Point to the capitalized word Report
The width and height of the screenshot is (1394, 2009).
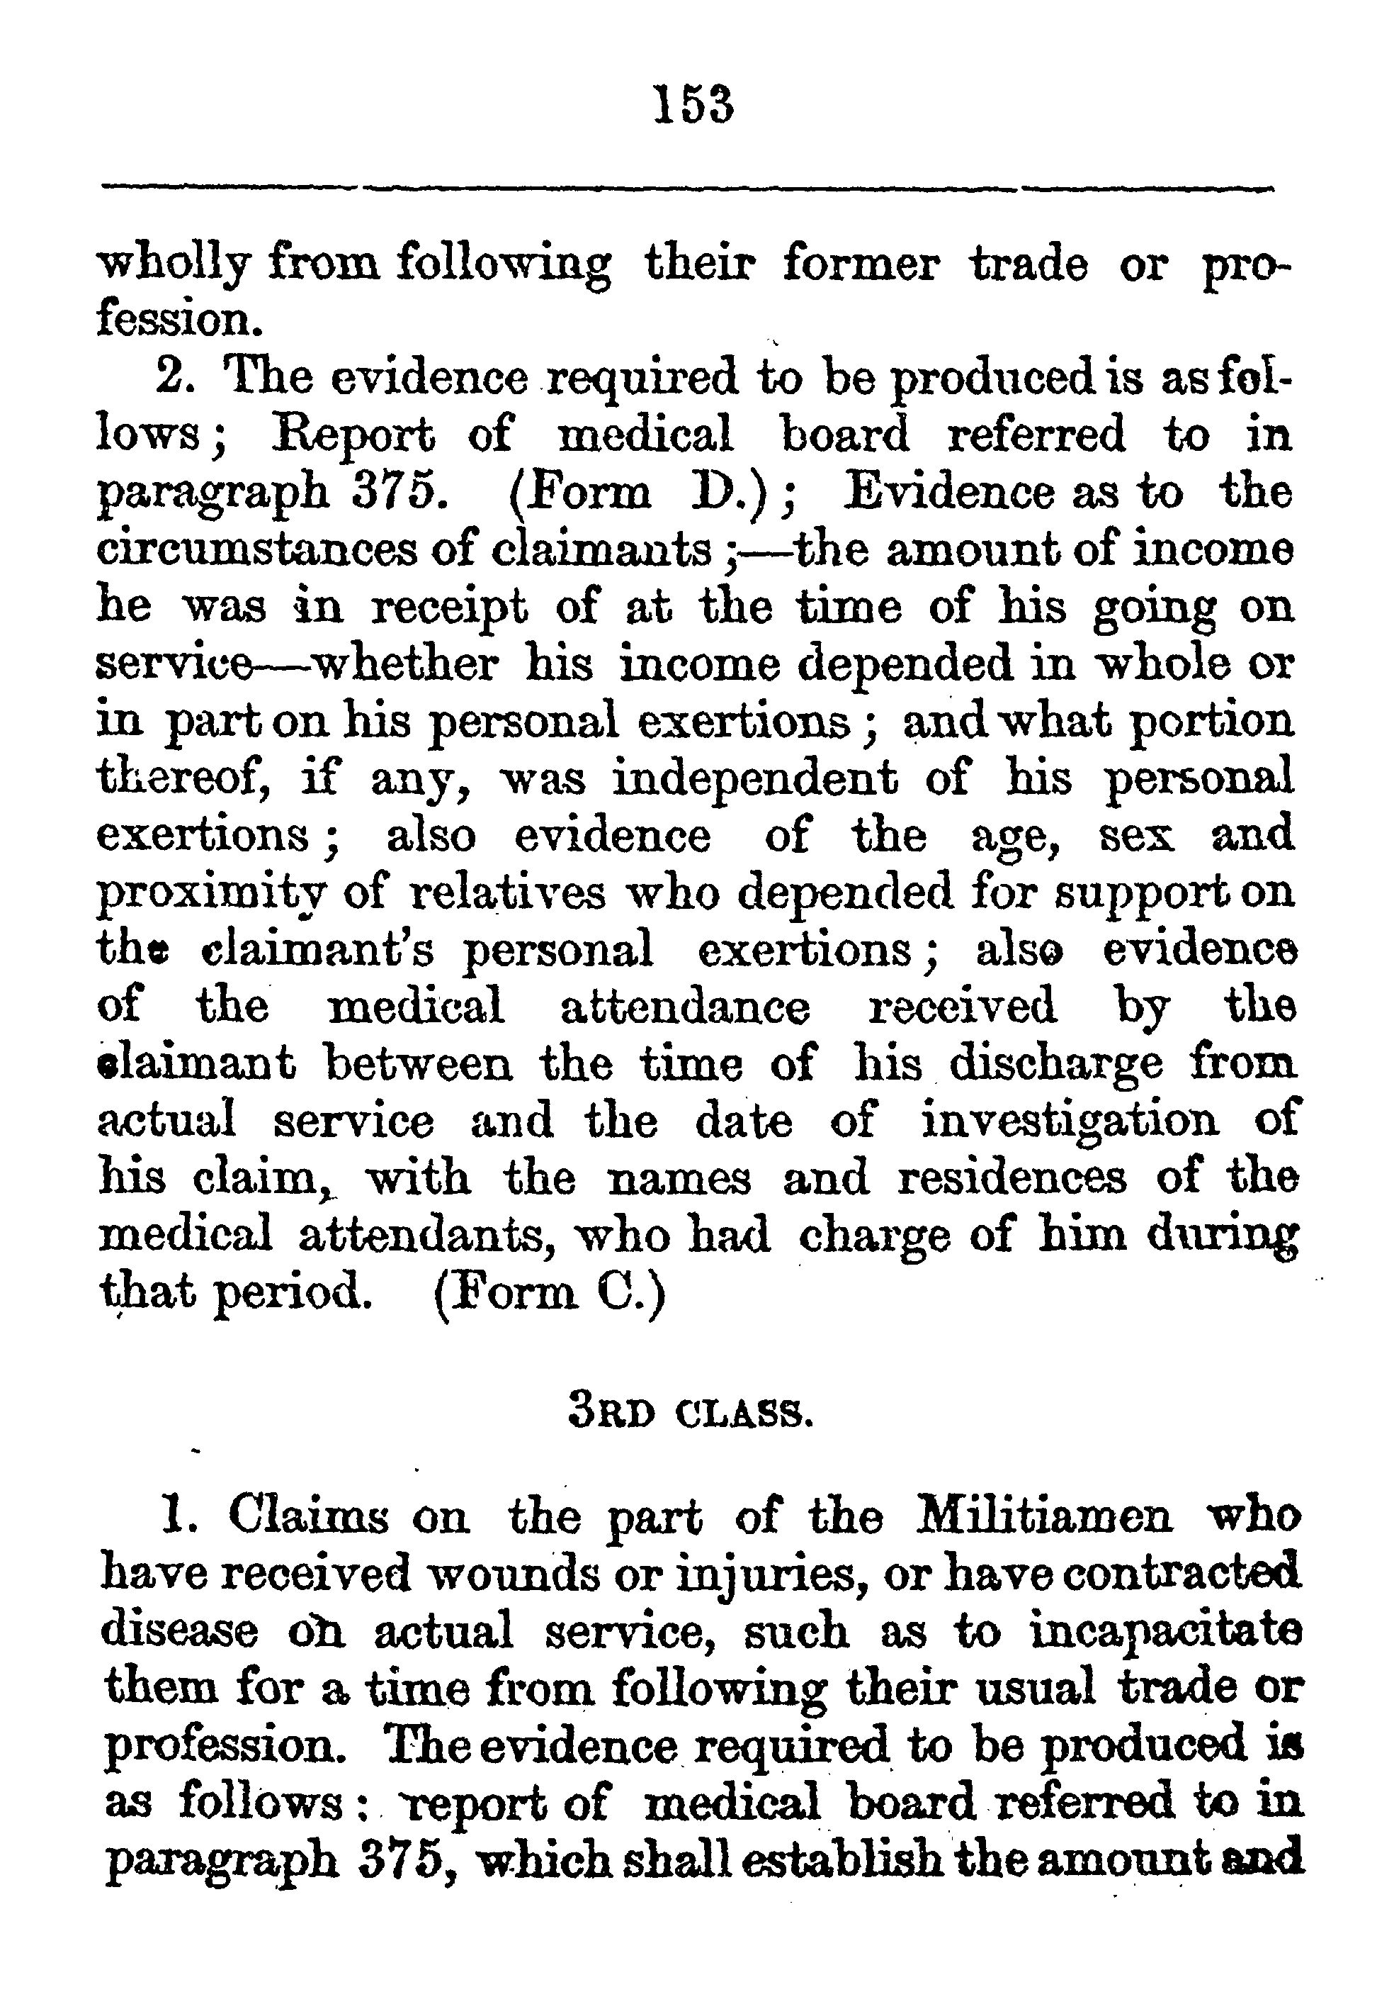coord(352,435)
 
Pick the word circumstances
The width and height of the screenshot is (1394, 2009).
coord(252,549)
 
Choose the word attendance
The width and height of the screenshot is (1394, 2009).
coord(685,1006)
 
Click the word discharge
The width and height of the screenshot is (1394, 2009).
coord(1056,1063)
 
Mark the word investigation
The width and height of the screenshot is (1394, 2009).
coord(1071,1120)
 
